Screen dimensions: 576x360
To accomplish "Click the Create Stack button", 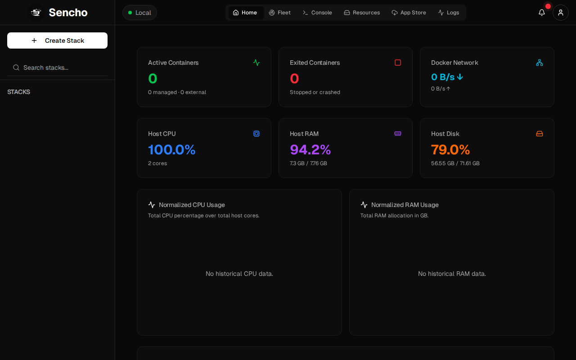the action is coord(57,40).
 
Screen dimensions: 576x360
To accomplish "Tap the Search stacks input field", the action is coord(57,67).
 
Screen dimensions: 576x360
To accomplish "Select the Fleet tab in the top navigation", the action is coord(279,13).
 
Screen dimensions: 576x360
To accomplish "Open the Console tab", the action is coord(317,13).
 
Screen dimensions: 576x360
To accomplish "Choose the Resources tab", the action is coord(362,13).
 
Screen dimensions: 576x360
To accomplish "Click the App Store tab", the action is coord(409,13).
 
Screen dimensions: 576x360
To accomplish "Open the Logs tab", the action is coord(449,13).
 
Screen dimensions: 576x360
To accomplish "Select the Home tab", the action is coord(245,13).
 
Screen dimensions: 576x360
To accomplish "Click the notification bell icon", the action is coord(541,13).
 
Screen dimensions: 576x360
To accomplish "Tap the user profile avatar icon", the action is coord(561,13).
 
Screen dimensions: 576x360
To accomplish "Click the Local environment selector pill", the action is coord(139,13).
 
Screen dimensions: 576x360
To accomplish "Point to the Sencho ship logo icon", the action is coord(36,12).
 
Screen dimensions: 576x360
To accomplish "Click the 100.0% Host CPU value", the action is coord(172,150).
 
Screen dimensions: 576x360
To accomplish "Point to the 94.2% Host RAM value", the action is coord(310,150).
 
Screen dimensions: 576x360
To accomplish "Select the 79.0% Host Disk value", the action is coord(450,150).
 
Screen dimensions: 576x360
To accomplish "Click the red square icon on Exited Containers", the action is coord(397,63).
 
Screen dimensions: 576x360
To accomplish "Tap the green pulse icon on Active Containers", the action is coord(256,63).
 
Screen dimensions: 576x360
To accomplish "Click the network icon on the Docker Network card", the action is coord(540,63).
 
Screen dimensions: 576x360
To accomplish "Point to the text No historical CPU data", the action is coord(239,274).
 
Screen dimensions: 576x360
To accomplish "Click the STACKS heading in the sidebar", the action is coord(18,92).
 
